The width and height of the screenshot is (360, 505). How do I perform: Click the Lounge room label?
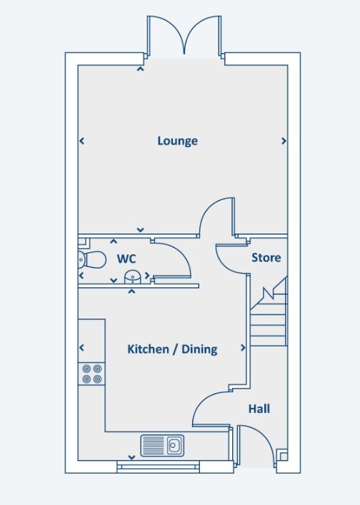tap(177, 141)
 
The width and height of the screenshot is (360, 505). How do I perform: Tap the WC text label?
tap(126, 258)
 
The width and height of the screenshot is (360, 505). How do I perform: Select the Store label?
tap(266, 258)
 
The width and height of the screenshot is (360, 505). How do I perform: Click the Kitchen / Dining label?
tap(172, 349)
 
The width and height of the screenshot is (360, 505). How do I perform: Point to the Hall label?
tap(259, 409)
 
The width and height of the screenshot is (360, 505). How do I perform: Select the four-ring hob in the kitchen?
tap(91, 374)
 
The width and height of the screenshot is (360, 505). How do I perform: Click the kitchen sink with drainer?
tap(163, 446)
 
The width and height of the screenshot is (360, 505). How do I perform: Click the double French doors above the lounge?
tap(186, 36)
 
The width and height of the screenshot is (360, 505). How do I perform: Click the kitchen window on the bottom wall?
tap(156, 466)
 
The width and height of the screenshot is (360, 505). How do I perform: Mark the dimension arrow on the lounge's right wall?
tap(284, 141)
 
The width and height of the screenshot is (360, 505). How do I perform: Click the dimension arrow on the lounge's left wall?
tap(81, 141)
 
